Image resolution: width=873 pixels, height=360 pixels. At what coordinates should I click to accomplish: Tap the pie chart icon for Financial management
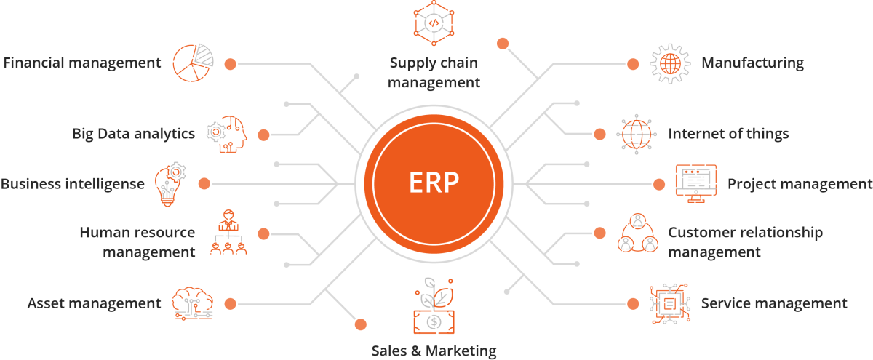(x=193, y=63)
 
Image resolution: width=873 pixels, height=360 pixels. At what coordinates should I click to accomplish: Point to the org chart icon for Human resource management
(x=228, y=233)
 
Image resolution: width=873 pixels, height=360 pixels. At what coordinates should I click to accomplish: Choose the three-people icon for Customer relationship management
(x=638, y=233)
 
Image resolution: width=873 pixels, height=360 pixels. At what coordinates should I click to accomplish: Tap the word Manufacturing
(x=752, y=63)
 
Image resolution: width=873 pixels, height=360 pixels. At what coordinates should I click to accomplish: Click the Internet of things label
(x=728, y=134)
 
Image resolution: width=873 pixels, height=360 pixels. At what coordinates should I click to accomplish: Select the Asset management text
(x=94, y=303)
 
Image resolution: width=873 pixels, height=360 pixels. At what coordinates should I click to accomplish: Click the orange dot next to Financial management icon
(x=231, y=63)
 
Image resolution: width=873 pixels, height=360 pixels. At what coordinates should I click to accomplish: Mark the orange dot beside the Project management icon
(x=659, y=183)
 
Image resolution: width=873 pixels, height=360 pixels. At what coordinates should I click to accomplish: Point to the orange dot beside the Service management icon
(x=633, y=303)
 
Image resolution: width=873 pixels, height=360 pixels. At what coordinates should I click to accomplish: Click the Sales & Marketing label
(x=434, y=351)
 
